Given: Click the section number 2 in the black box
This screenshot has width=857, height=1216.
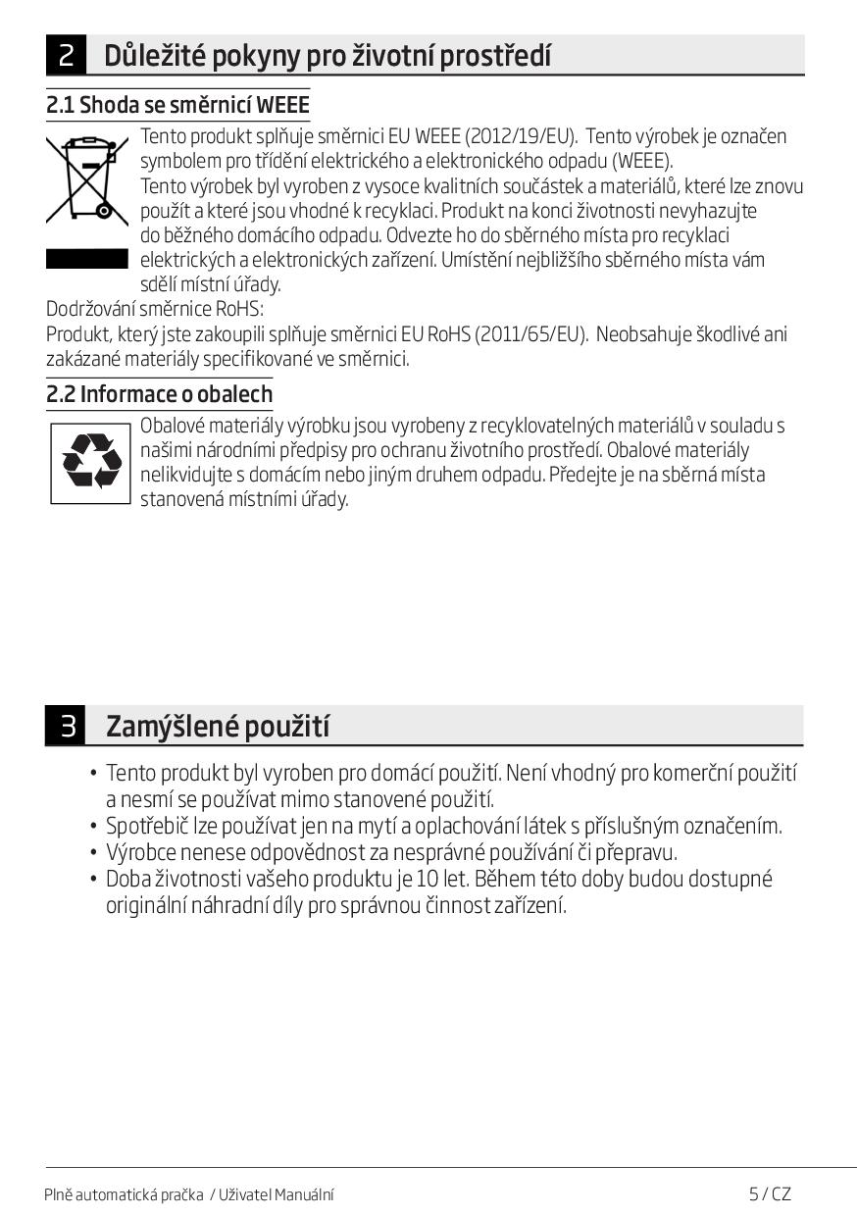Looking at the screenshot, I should click(x=66, y=56).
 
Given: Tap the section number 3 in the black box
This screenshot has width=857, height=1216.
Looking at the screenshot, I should click(x=66, y=727).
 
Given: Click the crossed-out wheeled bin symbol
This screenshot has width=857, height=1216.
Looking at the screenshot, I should click(x=87, y=177).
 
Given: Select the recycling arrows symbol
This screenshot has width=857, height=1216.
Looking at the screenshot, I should click(x=91, y=463).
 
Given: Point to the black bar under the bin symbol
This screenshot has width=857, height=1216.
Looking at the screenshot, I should click(x=87, y=259).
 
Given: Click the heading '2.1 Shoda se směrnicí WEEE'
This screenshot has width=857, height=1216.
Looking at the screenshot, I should click(x=177, y=105).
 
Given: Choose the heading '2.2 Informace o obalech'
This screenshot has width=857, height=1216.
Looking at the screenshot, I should click(x=160, y=394).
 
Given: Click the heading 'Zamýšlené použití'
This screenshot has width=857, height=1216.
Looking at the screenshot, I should click(x=218, y=727).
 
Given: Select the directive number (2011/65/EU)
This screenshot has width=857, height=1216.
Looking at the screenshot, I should click(x=530, y=334).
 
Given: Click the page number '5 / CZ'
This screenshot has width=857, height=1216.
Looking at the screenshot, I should click(x=770, y=1193).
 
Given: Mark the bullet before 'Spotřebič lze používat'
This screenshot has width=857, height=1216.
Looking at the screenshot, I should click(x=93, y=827).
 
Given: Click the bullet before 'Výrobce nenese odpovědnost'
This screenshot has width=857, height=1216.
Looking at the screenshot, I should click(x=93, y=853).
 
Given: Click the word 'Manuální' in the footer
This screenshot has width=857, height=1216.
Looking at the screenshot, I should click(x=303, y=1194).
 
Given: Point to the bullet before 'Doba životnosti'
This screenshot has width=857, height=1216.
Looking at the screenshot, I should click(x=93, y=880).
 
